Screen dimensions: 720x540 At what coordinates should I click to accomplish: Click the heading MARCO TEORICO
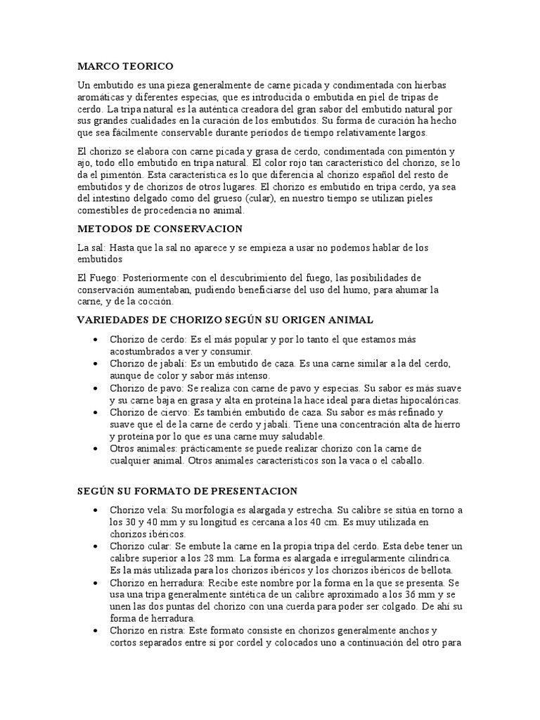point(125,66)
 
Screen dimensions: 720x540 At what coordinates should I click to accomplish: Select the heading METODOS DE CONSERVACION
point(160,229)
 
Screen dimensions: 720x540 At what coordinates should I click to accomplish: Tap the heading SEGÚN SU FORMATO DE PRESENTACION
point(187,491)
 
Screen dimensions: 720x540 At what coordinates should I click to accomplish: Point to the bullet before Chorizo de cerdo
point(95,340)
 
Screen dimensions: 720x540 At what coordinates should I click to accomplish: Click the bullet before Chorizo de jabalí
point(95,364)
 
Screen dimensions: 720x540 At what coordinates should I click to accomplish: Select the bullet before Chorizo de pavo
point(95,387)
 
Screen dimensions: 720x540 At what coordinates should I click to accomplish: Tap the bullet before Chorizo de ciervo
point(95,412)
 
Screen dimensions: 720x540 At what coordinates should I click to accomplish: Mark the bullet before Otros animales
point(95,449)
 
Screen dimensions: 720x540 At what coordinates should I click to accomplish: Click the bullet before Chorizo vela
point(95,510)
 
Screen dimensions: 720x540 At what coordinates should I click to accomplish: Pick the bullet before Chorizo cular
point(95,546)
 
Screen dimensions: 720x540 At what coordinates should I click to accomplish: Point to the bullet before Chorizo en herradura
point(95,583)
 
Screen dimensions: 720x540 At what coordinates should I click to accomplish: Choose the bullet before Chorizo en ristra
point(95,631)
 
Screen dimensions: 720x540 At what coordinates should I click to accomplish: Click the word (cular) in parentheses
point(257,198)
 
